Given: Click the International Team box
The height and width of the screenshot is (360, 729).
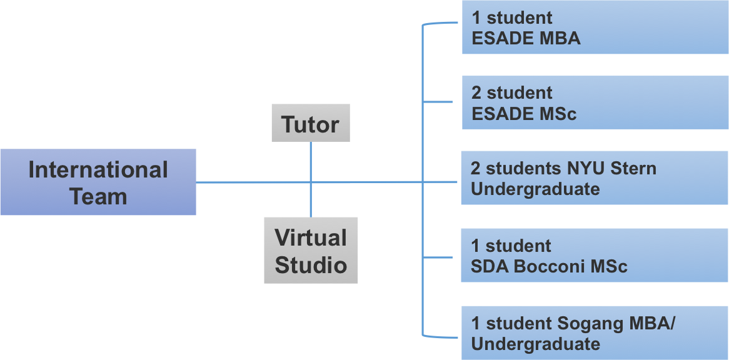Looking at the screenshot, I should coord(98,182).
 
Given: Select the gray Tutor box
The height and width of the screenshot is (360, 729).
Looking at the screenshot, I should coord(311,124).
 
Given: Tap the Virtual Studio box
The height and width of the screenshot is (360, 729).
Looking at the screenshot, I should coord(311,250).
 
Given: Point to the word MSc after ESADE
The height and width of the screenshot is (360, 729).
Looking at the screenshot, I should coord(556,114).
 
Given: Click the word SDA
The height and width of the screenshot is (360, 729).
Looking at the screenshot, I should coord(490,267).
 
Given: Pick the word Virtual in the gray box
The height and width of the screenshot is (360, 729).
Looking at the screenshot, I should coord(311,238).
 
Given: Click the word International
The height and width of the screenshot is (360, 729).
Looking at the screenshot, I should coord(98,170).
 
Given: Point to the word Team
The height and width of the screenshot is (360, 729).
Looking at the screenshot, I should coord(98,196).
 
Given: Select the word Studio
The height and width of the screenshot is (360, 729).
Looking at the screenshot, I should coord(311,264).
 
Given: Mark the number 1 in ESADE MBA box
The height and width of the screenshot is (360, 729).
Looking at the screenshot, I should coord(476,18).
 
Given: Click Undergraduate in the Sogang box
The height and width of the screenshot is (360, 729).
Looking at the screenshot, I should coord(536,344).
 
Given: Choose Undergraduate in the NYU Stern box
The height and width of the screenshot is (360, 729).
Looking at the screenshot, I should coord(536,189).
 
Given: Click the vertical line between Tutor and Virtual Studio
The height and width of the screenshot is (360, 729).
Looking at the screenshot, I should coord(311,200).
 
